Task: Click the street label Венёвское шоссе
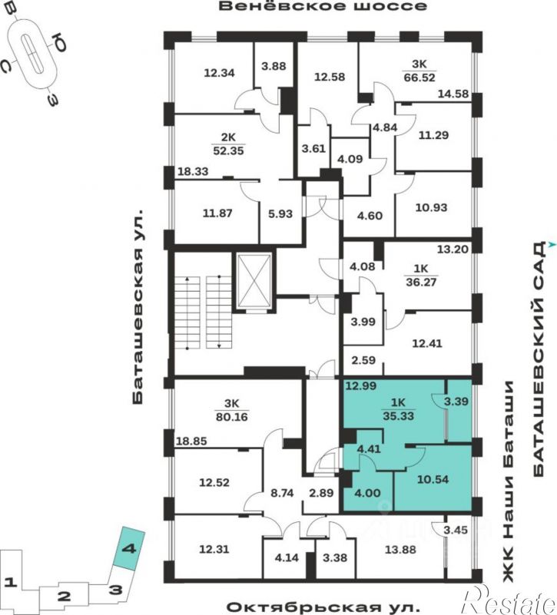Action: (323, 7)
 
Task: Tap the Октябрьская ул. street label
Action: (323, 607)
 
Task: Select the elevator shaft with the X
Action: (254, 281)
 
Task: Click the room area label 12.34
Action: (220, 73)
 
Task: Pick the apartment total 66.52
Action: (419, 78)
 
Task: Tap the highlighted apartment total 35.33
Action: (398, 415)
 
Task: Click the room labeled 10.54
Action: (433, 479)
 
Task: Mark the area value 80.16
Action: (231, 417)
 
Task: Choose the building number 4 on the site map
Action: (129, 548)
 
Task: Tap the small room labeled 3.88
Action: (274, 66)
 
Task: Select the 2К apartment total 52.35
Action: (228, 150)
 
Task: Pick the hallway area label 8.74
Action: (282, 493)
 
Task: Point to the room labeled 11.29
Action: (433, 135)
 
